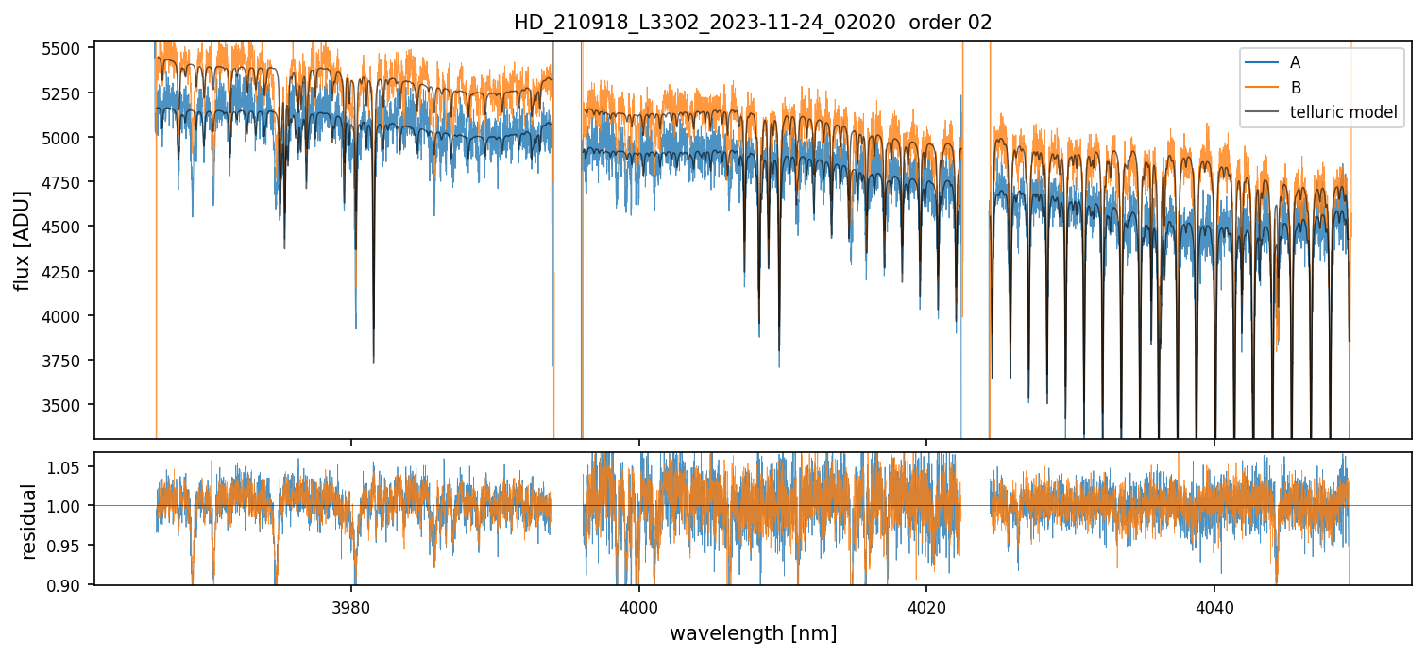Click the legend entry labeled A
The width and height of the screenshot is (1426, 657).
(1295, 62)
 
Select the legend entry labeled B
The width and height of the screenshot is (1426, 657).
(1295, 88)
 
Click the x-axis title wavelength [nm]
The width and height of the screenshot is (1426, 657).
(753, 633)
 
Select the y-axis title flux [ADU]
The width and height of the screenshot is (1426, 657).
(22, 240)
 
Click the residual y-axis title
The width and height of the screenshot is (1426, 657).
(29, 521)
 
